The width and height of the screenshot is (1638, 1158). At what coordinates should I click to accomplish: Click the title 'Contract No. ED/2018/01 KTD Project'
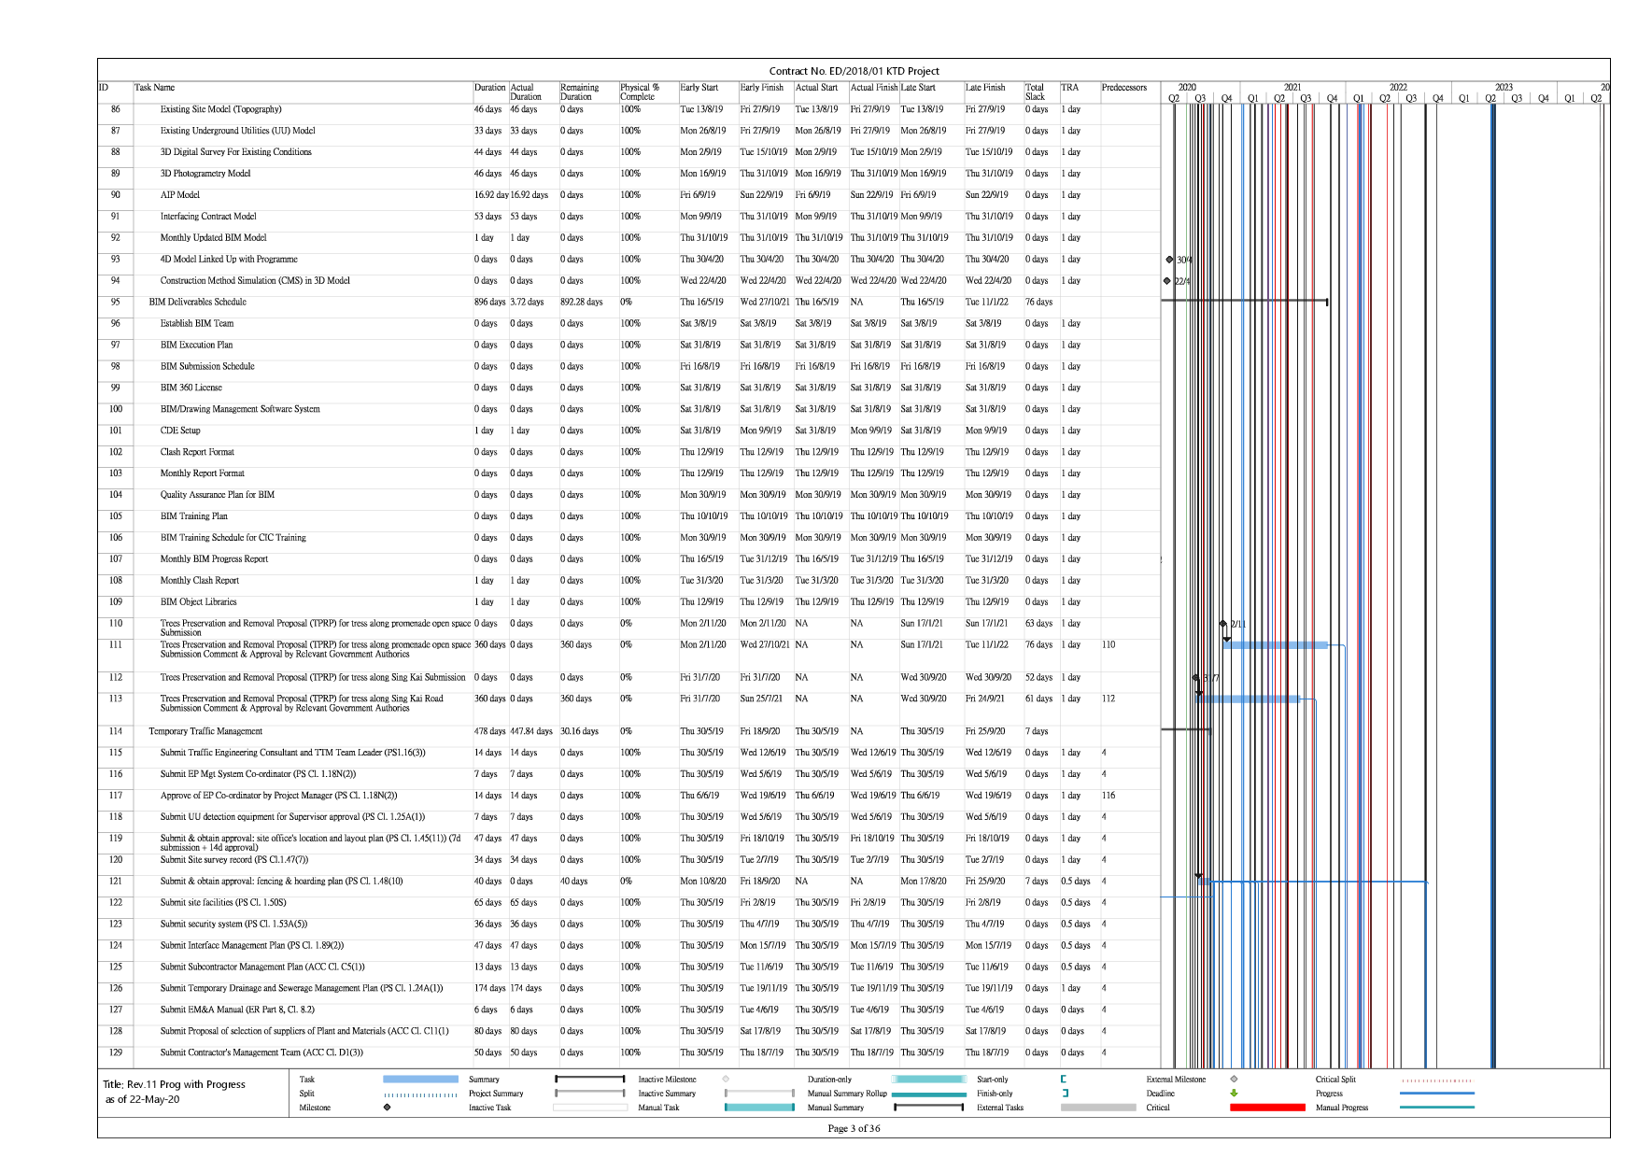click(854, 71)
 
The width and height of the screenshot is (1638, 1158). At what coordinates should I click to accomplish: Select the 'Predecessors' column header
click(1123, 88)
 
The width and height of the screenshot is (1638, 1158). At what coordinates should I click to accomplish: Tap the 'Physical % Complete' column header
click(640, 92)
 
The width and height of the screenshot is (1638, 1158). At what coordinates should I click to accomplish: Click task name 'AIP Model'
click(179, 195)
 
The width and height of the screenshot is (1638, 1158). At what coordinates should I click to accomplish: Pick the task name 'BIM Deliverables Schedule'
click(197, 303)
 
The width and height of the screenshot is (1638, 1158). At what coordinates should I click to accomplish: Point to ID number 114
click(116, 731)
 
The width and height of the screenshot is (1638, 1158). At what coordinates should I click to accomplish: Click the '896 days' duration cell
click(489, 303)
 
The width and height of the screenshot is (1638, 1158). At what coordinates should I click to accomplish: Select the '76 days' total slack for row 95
click(1038, 303)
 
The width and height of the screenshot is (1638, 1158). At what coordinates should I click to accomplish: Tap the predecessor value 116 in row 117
click(1108, 796)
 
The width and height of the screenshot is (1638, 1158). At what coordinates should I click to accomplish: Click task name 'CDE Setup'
click(180, 431)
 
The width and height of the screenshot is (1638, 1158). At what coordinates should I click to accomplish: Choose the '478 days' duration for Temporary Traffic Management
click(489, 731)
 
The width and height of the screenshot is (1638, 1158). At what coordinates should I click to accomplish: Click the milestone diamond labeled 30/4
click(1169, 260)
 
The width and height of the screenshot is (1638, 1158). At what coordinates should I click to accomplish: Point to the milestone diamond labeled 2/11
click(1223, 624)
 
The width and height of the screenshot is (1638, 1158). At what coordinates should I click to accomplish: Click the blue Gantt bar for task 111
click(1275, 645)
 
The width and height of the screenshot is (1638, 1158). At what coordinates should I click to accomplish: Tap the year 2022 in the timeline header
click(1397, 87)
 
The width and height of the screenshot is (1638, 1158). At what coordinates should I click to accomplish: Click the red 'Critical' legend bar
click(1267, 1108)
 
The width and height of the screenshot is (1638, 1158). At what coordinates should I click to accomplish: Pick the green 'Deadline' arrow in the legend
click(1234, 1094)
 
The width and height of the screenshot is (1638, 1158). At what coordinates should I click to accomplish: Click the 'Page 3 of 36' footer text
click(854, 1128)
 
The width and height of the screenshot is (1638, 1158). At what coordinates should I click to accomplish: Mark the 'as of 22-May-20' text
click(142, 1099)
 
